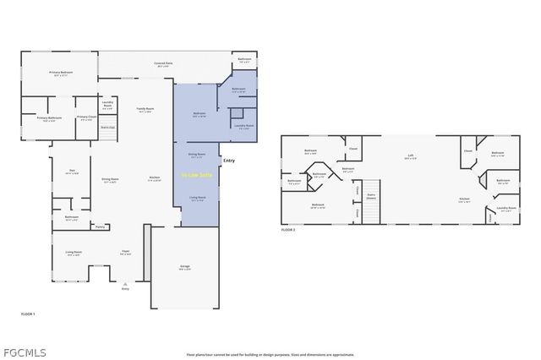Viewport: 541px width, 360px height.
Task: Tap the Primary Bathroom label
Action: coord(49,118)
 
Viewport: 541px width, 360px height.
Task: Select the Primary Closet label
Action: coord(86,117)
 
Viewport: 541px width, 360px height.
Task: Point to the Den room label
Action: coord(73,172)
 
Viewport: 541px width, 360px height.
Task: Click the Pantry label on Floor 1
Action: coord(100,226)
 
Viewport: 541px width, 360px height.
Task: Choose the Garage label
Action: coord(184,267)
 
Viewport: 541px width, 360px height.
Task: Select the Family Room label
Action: coord(145,109)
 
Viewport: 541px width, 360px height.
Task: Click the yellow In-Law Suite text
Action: coord(197,175)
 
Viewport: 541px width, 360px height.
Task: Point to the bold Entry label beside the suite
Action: coord(229,161)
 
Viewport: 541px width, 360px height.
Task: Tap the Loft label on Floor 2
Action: coord(410,155)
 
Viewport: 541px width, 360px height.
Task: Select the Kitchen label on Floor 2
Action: coord(464,199)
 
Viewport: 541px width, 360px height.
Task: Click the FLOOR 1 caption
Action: coord(29,314)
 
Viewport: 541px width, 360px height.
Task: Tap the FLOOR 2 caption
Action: coord(288,230)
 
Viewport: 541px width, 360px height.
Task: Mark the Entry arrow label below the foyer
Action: coord(125,289)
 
